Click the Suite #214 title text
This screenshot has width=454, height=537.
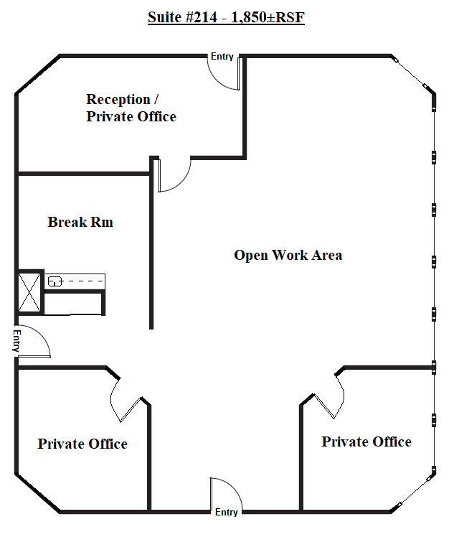(226, 17)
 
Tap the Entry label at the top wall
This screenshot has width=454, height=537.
(222, 57)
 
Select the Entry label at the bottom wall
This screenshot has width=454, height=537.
(226, 513)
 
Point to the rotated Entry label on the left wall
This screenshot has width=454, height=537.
(16, 341)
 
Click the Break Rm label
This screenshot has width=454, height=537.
(80, 222)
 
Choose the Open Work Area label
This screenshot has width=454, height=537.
(288, 255)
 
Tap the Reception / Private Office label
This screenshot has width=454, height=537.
(131, 108)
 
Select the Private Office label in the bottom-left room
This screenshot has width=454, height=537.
(82, 444)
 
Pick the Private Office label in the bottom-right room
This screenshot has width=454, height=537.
(366, 442)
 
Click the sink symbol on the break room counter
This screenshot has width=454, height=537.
(55, 281)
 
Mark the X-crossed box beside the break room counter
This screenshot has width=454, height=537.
(29, 292)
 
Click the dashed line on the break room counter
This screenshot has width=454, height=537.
(84, 281)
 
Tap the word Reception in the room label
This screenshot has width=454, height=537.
(118, 100)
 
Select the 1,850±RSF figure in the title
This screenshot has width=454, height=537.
(268, 17)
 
